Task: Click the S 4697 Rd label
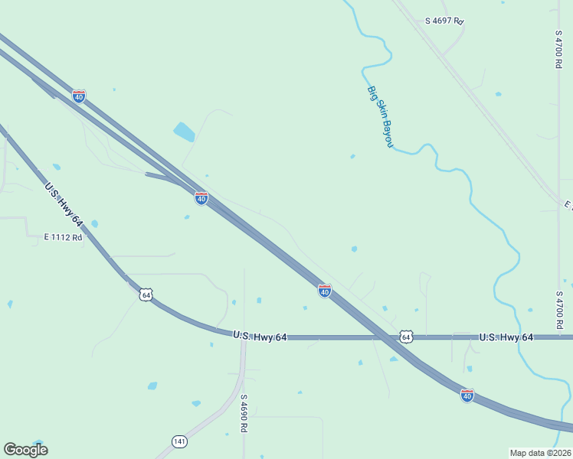(445, 21)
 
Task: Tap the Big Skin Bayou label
(380, 116)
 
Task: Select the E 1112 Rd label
(63, 237)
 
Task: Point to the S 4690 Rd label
(244, 413)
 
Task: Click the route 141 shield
(180, 441)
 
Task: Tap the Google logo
(25, 450)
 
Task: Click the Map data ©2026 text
(540, 453)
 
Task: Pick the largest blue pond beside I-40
(184, 132)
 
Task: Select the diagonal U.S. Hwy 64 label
(64, 204)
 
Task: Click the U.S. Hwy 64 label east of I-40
(506, 337)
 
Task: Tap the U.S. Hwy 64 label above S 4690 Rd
(260, 336)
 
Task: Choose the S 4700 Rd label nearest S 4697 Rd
(558, 50)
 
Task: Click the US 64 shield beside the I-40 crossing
(406, 337)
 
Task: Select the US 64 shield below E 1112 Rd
(146, 295)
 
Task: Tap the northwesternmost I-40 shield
(79, 96)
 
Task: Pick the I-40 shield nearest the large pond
(201, 198)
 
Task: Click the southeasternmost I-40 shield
(467, 396)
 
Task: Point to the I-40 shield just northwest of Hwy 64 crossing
(325, 291)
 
